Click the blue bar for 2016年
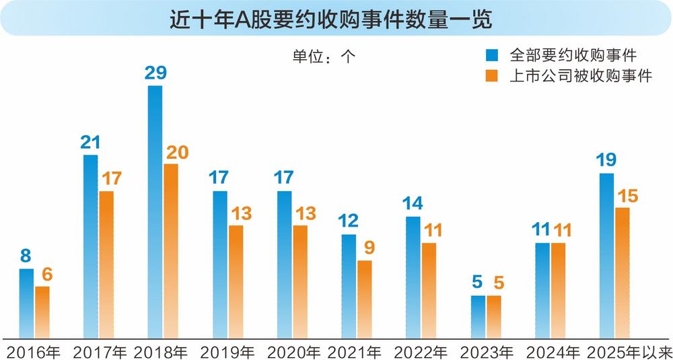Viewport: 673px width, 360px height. pos(26,303)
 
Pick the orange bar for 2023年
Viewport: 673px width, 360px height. pos(494,316)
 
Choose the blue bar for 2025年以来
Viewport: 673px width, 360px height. pos(606,255)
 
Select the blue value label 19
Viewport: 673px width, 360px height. pos(606,161)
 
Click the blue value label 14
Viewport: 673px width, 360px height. pos(413,204)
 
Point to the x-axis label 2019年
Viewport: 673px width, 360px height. pos(227,351)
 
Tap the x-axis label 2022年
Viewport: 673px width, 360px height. pos(421,351)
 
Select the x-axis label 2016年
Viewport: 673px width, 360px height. pos(33,351)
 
